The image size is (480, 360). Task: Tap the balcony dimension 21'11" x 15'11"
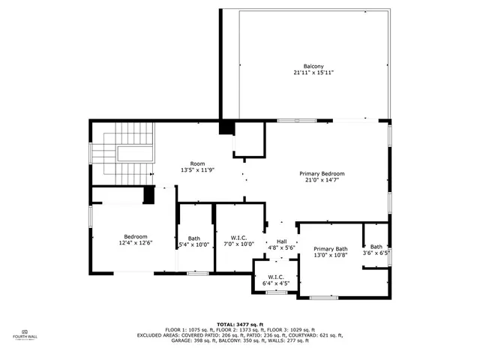tap(313, 73)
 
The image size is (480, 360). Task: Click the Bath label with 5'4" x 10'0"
tap(193, 238)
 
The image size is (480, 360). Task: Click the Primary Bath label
tap(331, 249)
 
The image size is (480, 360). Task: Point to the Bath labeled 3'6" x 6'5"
tap(376, 250)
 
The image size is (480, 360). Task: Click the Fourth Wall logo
tap(24, 334)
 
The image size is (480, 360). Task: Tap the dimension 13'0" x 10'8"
tap(331, 256)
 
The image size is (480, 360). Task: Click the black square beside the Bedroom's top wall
tap(149, 195)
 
